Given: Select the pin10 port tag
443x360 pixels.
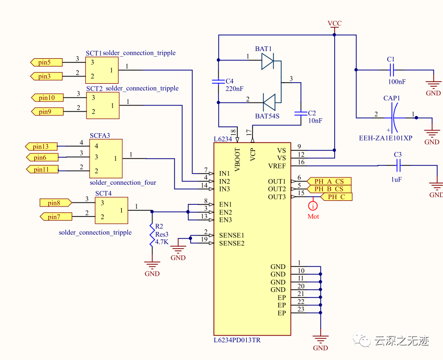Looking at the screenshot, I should click(47, 98).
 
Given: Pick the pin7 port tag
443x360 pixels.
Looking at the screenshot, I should click(54, 216).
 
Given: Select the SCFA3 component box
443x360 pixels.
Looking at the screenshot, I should click(106, 158).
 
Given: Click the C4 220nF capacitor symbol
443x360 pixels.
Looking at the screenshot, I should click(219, 82).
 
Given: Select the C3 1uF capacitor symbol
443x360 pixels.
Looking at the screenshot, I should click(398, 166).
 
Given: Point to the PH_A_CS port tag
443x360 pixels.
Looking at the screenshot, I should click(328, 181).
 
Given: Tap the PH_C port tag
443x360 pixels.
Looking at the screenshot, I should click(336, 197).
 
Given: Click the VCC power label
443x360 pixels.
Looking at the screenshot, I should click(335, 23).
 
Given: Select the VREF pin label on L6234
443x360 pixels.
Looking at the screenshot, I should click(277, 165).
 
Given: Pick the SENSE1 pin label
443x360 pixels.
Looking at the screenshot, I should click(232, 235).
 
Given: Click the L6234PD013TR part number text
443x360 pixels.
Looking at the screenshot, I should click(237, 340).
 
